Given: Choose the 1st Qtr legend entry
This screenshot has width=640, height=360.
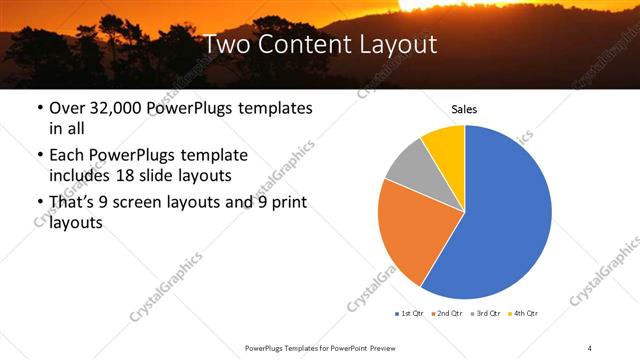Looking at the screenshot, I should pos(409,314).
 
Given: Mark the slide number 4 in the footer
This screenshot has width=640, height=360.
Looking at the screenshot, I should pos(590,347).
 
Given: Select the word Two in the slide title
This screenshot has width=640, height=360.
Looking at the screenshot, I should pos(227,45).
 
